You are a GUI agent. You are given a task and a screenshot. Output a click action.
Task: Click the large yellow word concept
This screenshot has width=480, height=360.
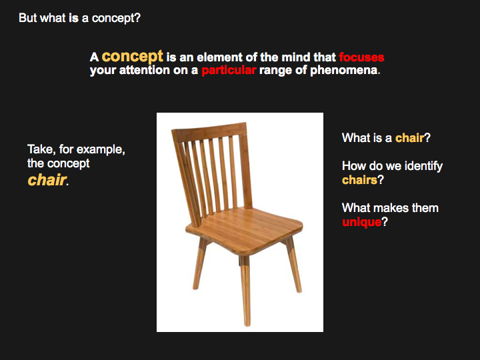pyautogui.click(x=133, y=57)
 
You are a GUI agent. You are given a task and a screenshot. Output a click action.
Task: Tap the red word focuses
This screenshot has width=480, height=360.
pyautogui.click(x=361, y=57)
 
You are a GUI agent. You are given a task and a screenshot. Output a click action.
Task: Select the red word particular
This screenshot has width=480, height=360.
pyautogui.click(x=229, y=71)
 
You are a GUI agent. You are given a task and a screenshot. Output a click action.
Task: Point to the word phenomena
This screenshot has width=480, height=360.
pyautogui.click(x=344, y=71)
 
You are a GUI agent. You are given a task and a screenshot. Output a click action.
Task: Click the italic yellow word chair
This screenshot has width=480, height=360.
pyautogui.click(x=47, y=180)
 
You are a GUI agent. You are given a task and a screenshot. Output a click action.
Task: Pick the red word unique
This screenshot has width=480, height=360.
pyautogui.click(x=361, y=222)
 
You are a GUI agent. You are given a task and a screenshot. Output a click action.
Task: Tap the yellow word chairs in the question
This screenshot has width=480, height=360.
pyautogui.click(x=359, y=180)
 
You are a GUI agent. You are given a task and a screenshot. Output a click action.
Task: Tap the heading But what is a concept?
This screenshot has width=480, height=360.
pyautogui.click(x=79, y=18)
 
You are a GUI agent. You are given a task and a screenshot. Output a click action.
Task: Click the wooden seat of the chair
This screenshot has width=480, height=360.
pyautogui.click(x=245, y=229)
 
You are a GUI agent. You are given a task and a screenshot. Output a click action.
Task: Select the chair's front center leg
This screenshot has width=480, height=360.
pyautogui.click(x=245, y=291)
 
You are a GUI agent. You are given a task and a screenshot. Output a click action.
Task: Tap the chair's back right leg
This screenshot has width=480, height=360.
pyautogui.click(x=293, y=265)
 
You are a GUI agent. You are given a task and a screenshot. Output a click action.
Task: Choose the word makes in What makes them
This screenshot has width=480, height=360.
pyautogui.click(x=391, y=208)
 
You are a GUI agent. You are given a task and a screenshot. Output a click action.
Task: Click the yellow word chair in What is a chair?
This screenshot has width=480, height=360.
pyautogui.click(x=409, y=138)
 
